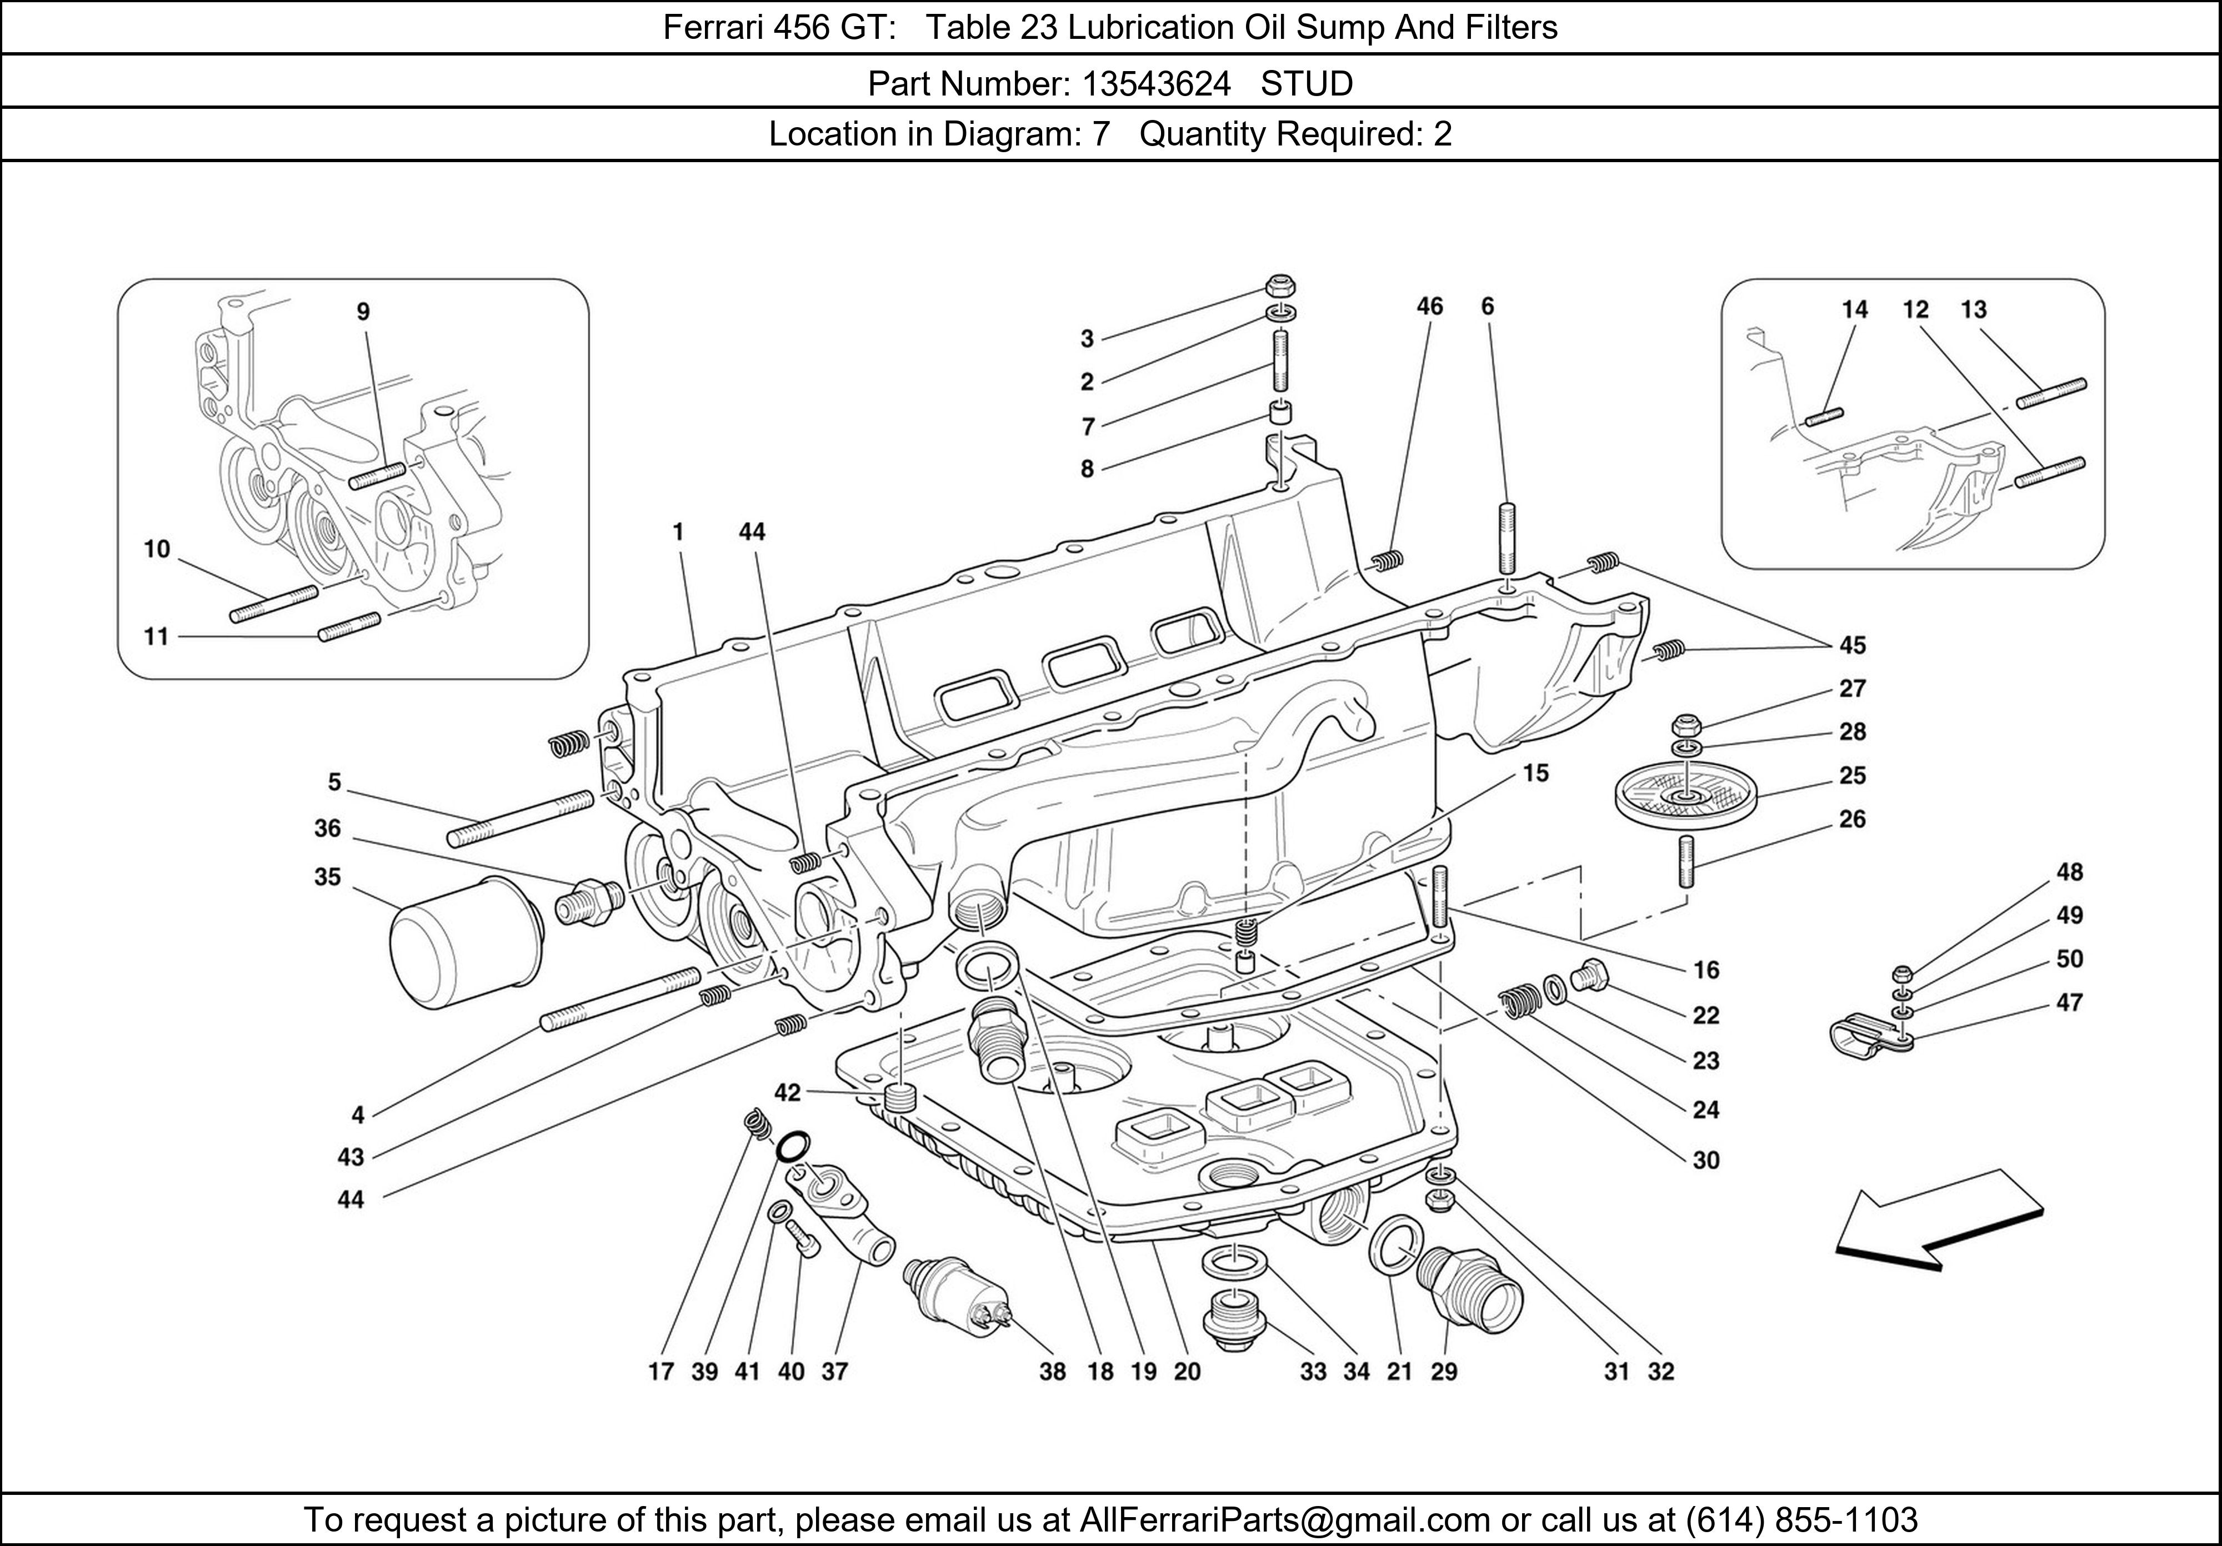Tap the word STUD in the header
(x=1307, y=84)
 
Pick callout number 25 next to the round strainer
(x=1852, y=775)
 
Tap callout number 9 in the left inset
(x=363, y=312)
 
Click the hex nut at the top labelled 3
(x=1280, y=287)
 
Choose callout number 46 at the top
(x=1429, y=307)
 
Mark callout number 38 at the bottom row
(x=1052, y=1371)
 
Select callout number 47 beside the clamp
(x=2069, y=1002)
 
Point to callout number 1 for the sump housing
(x=678, y=531)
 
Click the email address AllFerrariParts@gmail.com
(x=1284, y=1520)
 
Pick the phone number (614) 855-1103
(x=1801, y=1520)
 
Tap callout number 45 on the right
(x=1852, y=645)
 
